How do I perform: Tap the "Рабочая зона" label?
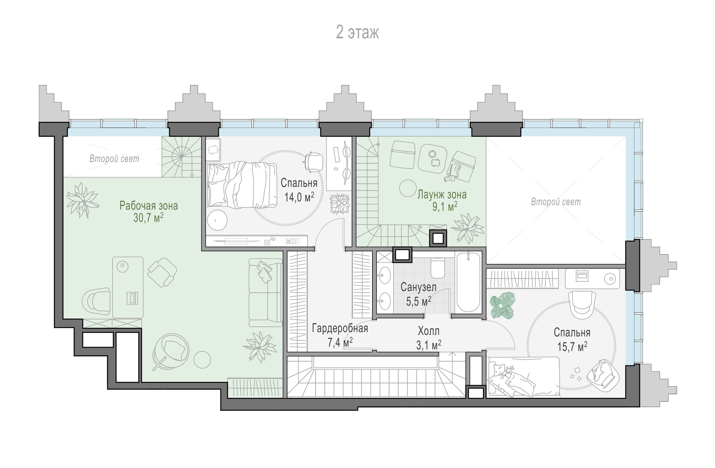pos(149,206)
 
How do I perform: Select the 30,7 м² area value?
pos(148,218)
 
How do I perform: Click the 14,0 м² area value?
pos(299,197)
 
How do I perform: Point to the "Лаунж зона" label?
pos(442,195)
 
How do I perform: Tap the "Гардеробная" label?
pos(340,328)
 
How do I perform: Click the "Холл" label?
pos(428,331)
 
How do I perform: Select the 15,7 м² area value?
pos(572,347)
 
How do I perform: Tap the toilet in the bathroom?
pos(437,268)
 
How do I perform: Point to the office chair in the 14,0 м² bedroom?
pos(314,162)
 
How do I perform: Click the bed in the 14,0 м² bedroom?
pos(242,185)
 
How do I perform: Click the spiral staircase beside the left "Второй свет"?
pos(181,156)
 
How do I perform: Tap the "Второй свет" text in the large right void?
pos(556,202)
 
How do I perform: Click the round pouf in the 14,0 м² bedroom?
pos(217,220)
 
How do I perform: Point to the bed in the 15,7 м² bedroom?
pos(524,377)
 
